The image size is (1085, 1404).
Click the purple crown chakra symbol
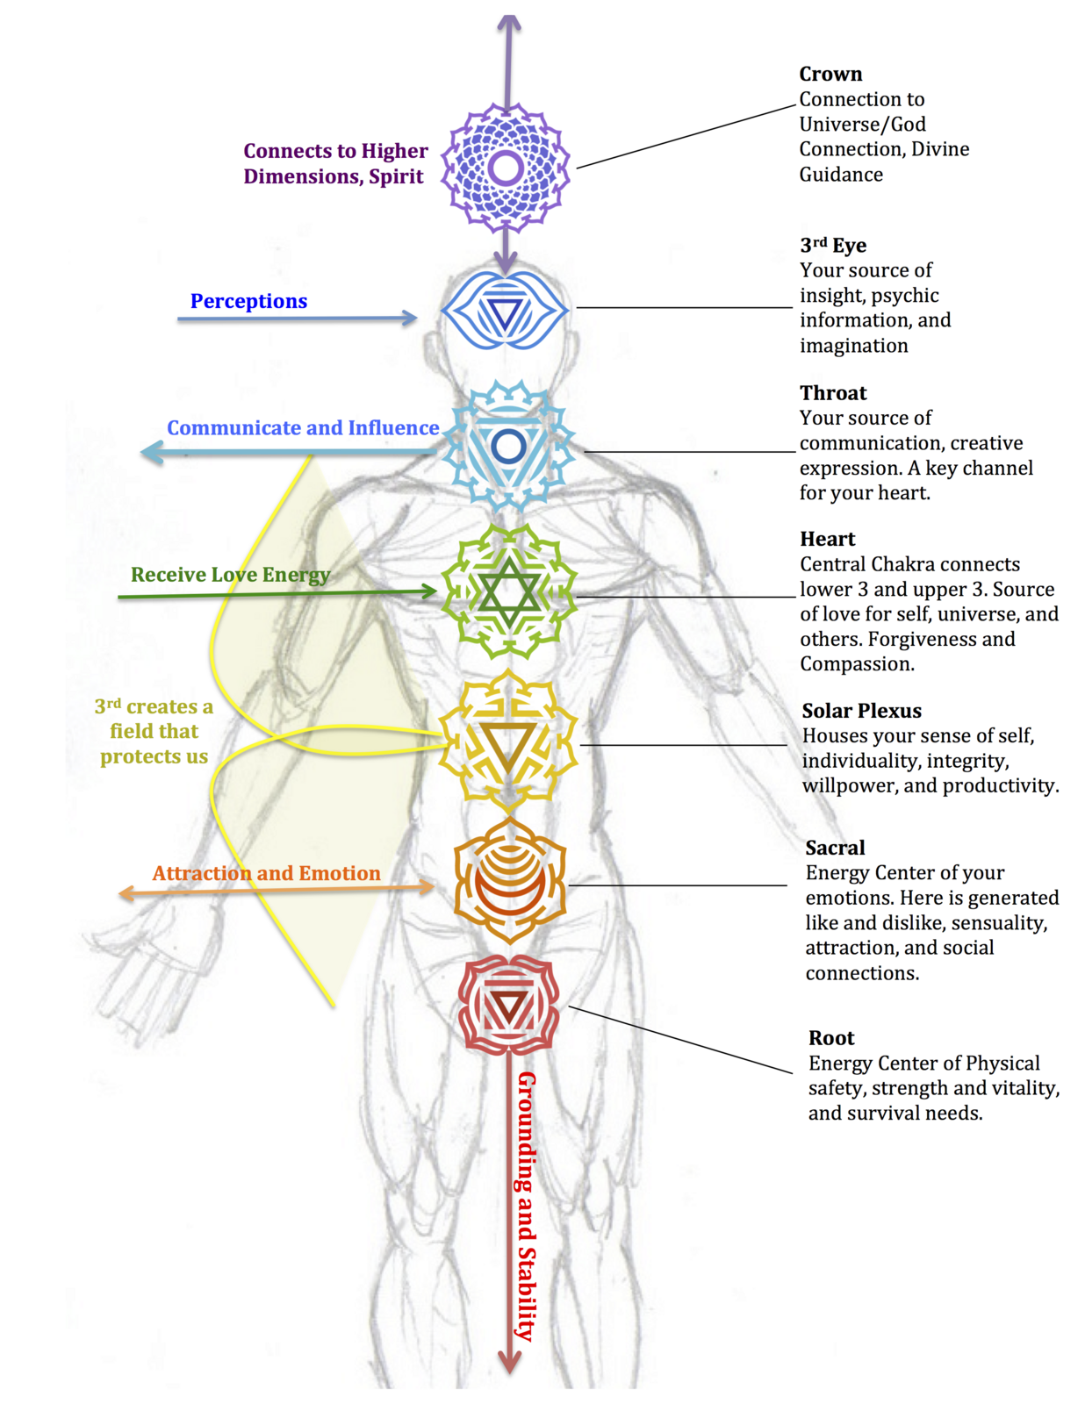point(506,168)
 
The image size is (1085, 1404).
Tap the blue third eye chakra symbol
point(505,311)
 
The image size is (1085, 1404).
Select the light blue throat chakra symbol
point(508,447)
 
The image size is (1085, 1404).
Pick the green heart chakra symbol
point(508,591)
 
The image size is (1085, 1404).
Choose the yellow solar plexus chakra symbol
point(508,741)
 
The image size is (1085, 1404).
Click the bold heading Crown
point(830,75)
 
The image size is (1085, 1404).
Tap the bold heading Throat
point(833,393)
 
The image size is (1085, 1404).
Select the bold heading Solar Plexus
point(861,711)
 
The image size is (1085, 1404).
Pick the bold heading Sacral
point(835,848)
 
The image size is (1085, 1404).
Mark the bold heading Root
point(831,1038)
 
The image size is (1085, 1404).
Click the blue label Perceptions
point(248,301)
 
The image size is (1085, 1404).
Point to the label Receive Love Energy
point(231,575)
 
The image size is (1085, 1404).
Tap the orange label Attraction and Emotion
point(266,873)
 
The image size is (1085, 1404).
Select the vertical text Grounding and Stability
point(528,1206)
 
